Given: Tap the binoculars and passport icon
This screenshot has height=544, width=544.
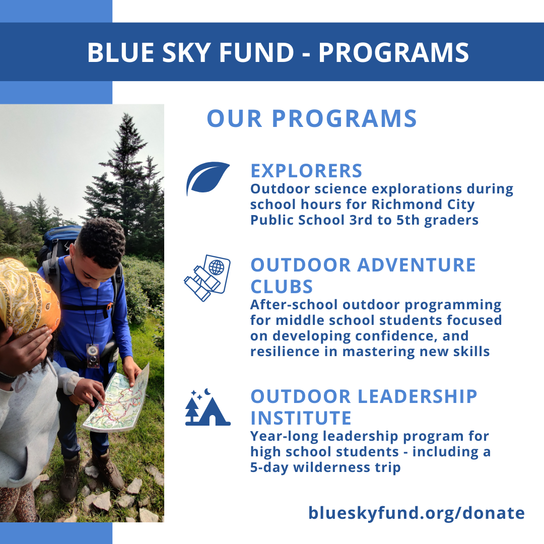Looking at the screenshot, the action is (207, 278).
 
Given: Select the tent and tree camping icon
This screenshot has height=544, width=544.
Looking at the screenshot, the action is (208, 407).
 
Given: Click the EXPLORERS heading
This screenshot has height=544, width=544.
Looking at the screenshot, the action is (306, 171).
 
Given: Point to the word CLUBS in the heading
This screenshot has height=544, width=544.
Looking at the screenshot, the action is (282, 287).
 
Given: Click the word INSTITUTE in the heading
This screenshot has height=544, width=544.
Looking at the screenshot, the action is (301, 418).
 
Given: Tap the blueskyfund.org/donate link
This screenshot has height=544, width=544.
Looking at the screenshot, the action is (417, 513).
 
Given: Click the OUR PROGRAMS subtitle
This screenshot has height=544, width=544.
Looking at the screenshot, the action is (312, 119).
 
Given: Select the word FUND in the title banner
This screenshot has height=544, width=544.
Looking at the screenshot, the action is (256, 52).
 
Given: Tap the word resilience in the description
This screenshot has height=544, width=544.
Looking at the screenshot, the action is (285, 352).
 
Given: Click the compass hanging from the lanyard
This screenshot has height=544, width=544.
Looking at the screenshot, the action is (93, 355).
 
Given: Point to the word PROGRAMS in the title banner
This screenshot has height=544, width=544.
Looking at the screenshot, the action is (394, 52).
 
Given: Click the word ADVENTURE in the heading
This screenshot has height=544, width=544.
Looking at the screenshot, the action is (417, 265).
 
